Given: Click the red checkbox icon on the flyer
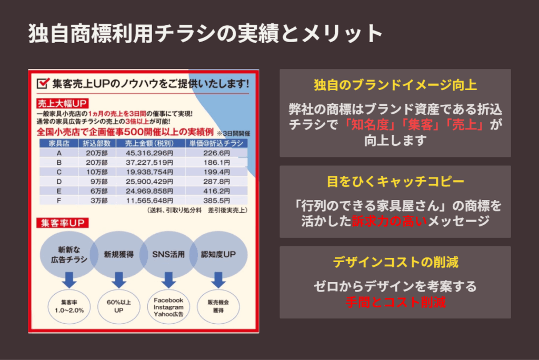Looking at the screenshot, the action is click(x=43, y=83).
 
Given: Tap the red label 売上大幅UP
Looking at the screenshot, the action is click(x=62, y=104).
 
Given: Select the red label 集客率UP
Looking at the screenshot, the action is click(x=63, y=223).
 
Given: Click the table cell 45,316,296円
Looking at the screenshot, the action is click(x=149, y=153).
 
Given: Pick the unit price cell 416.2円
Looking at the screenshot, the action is click(x=216, y=191).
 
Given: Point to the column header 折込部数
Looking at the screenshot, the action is click(x=97, y=143).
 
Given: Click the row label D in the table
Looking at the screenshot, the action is click(x=59, y=182).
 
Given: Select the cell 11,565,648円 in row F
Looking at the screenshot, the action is click(x=149, y=201).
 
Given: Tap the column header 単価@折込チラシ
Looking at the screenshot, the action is click(x=216, y=143).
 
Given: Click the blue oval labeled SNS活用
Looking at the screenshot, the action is click(x=168, y=254).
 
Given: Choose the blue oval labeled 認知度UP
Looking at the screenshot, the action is click(x=218, y=254).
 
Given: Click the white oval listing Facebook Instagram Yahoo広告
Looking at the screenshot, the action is click(x=168, y=307).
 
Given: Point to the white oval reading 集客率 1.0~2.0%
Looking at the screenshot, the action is click(x=69, y=307).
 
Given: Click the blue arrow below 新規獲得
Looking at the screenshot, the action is click(x=119, y=280).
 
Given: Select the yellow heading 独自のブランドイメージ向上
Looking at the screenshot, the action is click(x=395, y=85).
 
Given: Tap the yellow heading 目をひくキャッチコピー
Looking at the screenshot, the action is click(x=395, y=181).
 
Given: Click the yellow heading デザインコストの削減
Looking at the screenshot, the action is click(x=395, y=262).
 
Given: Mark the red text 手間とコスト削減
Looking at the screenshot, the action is click(x=396, y=302).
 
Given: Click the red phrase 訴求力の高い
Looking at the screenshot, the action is click(x=390, y=221).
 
